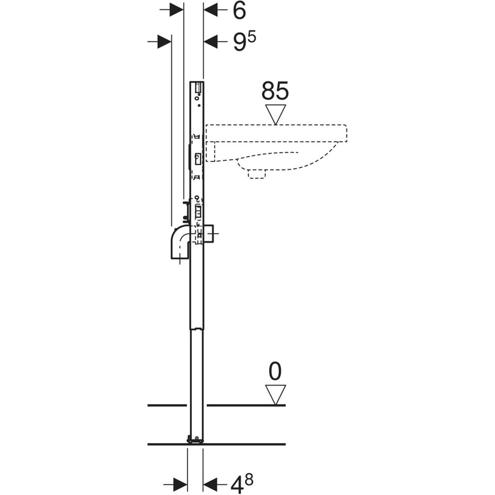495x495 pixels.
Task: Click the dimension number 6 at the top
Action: (x=239, y=11)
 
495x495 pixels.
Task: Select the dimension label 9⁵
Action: (x=244, y=41)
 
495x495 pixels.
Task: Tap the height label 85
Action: (x=275, y=91)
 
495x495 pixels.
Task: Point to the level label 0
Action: (x=275, y=371)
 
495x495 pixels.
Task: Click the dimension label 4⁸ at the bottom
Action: (x=241, y=484)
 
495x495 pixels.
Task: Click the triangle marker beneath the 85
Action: (x=275, y=114)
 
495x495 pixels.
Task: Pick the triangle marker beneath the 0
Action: (x=275, y=395)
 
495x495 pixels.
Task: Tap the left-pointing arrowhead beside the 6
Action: (x=211, y=10)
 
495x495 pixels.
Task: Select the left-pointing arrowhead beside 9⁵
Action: (x=211, y=41)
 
